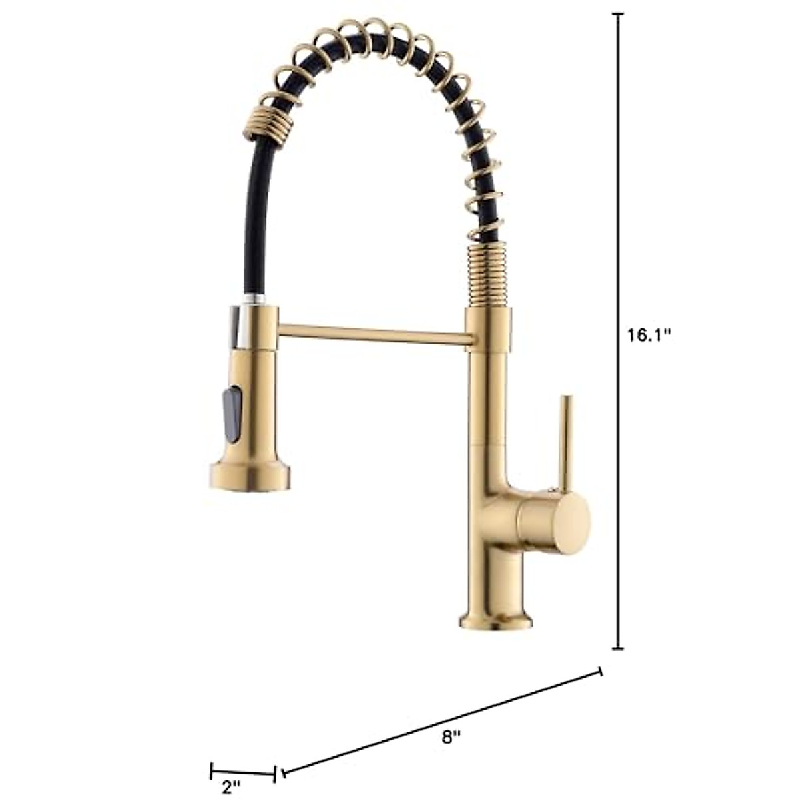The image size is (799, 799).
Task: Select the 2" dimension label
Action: click(x=230, y=787)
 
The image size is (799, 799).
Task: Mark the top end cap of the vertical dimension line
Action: click(x=619, y=14)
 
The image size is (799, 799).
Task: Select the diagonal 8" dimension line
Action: click(x=443, y=726)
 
